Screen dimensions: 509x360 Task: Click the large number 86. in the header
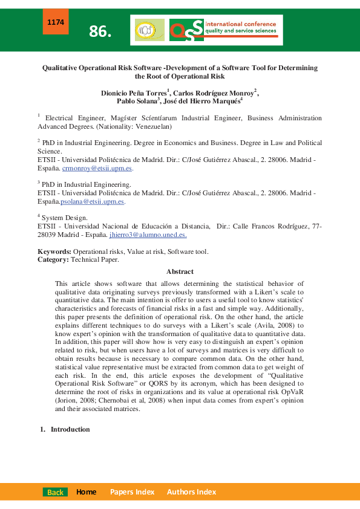pos(100,32)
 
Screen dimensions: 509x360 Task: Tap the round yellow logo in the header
pos(149,30)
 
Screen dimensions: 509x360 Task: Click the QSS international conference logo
pos(225,30)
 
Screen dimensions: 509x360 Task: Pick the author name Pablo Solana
pos(137,102)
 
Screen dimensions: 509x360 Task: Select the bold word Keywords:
pos(54,251)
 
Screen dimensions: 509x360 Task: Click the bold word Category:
pos(53,259)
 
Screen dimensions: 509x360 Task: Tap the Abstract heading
pos(180,272)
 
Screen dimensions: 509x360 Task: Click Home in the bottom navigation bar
pos(86,492)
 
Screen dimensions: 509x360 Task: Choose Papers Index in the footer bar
pos(132,492)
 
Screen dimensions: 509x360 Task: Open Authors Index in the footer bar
pos(191,492)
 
